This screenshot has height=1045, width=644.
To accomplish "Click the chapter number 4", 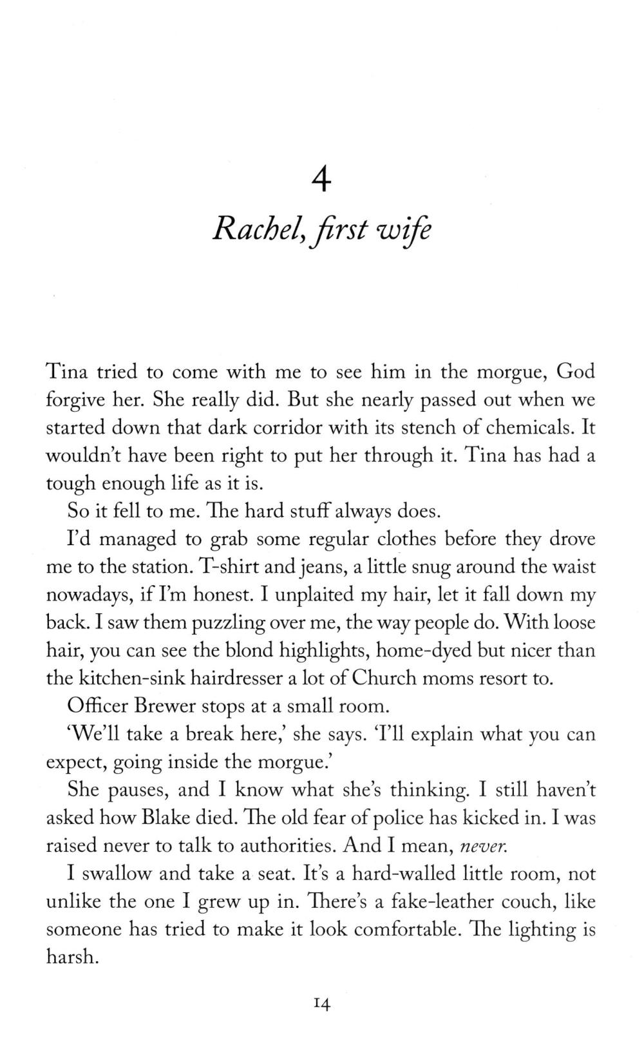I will coord(321,181).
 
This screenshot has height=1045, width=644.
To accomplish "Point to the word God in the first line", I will coord(575,371).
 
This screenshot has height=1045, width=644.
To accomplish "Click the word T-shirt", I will coord(230,567).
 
